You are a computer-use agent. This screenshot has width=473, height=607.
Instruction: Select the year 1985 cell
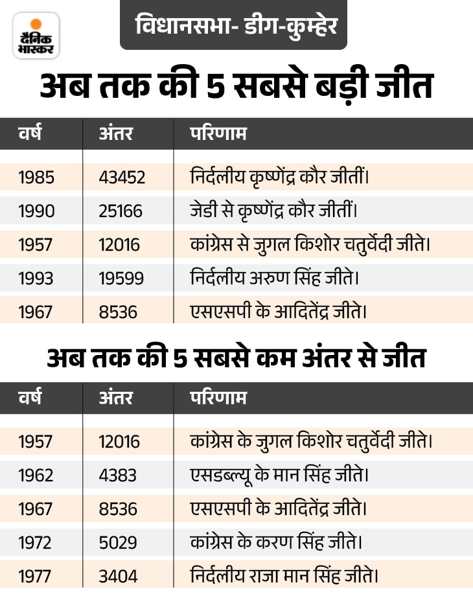pyautogui.click(x=37, y=176)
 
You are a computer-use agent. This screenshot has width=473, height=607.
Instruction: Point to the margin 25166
pyautogui.click(x=121, y=211)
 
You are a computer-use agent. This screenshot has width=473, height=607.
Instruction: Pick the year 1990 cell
pyautogui.click(x=37, y=211)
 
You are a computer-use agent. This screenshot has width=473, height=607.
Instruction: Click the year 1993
pyautogui.click(x=37, y=278)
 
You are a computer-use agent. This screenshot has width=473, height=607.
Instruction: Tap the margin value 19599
pyautogui.click(x=121, y=278)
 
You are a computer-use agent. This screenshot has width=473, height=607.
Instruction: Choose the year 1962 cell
pyautogui.click(x=37, y=475)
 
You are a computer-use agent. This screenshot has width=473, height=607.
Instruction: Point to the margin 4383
pyautogui.click(x=118, y=475)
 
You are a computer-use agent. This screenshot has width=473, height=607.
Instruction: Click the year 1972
pyautogui.click(x=37, y=542)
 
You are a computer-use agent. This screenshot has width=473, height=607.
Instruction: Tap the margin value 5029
pyautogui.click(x=118, y=542)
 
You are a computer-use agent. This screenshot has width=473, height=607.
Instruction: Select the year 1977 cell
pyautogui.click(x=37, y=576)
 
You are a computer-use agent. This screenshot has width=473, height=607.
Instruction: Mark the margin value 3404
pyautogui.click(x=118, y=576)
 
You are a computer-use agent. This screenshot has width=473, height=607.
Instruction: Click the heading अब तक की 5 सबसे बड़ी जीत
pyautogui.click(x=236, y=87)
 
